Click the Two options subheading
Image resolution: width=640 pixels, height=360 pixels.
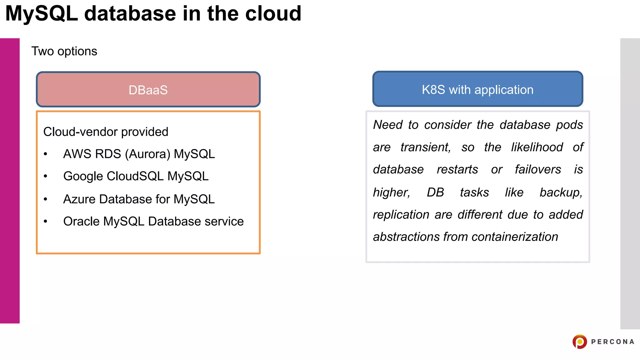coord(64,51)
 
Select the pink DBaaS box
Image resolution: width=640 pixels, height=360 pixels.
coord(148,90)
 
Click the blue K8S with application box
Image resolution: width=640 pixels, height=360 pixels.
coord(477,89)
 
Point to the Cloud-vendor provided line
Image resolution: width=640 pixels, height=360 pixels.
coord(106,132)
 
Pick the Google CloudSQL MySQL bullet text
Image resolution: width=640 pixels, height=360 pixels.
coord(136,176)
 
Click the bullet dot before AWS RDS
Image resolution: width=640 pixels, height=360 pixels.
coord(46,154)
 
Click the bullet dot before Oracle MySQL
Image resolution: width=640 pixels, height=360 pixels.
coord(46,222)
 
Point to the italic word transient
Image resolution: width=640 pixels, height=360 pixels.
coord(425,147)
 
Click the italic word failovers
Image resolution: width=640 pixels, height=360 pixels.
coord(538,169)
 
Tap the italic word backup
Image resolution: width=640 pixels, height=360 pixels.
coord(561,192)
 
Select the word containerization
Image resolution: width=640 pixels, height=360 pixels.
coord(515,237)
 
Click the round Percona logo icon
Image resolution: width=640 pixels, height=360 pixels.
coord(580,342)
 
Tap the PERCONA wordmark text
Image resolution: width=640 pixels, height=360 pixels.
coord(612,342)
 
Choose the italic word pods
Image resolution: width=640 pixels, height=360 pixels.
coord(569,125)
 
